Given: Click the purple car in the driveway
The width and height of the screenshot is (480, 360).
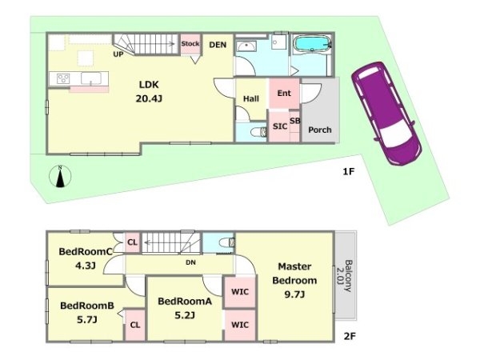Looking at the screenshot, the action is [x=387, y=114].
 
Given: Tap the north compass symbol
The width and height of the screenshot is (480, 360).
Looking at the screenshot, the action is [x=60, y=176].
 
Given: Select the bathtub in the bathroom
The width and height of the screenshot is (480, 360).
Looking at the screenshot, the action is [x=312, y=43].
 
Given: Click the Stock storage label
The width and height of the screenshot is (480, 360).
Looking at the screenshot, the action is [x=190, y=43].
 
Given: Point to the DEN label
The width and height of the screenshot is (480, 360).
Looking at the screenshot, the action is [x=218, y=45].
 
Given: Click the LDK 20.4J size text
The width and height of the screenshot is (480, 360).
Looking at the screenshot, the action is [x=149, y=98].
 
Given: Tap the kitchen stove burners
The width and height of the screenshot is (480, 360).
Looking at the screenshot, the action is [x=63, y=78].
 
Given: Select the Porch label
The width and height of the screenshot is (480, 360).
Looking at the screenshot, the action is [x=319, y=130].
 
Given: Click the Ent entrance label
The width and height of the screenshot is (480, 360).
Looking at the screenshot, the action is [x=284, y=93].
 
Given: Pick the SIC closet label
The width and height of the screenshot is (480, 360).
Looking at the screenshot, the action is [x=280, y=126].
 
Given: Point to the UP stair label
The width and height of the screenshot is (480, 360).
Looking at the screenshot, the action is [x=118, y=54].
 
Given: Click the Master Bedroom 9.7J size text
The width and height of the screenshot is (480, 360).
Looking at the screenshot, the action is [x=294, y=294].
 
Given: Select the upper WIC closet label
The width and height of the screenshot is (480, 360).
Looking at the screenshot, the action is [x=240, y=292].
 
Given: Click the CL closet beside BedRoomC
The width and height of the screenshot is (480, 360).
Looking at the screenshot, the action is [x=133, y=242].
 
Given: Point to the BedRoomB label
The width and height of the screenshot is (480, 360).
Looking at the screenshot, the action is [x=87, y=306].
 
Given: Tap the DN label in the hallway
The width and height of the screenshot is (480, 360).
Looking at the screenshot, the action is [x=190, y=262].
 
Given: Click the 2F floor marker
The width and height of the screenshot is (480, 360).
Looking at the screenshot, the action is [x=350, y=337].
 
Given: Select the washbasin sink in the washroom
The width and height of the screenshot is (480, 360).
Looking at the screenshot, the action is [x=246, y=46].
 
